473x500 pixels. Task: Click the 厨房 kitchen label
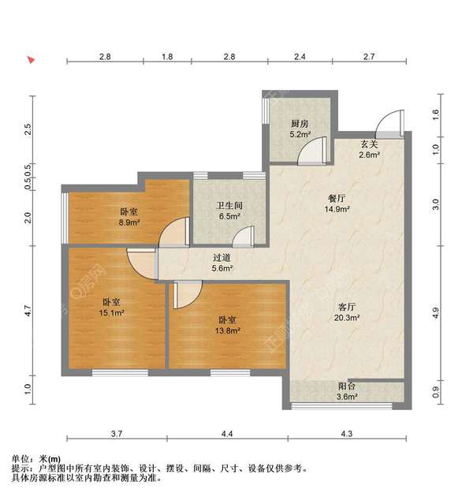click(x=299, y=124)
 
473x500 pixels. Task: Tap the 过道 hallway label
click(x=222, y=257)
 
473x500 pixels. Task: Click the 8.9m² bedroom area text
click(x=129, y=223)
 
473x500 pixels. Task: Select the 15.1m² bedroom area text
click(x=112, y=313)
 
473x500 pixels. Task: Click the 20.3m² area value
click(x=347, y=318)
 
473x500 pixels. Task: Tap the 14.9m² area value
click(x=338, y=210)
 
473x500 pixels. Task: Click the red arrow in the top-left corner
click(x=31, y=60)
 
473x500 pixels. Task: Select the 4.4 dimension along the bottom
click(x=227, y=434)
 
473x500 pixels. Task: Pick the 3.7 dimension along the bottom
click(x=117, y=434)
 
